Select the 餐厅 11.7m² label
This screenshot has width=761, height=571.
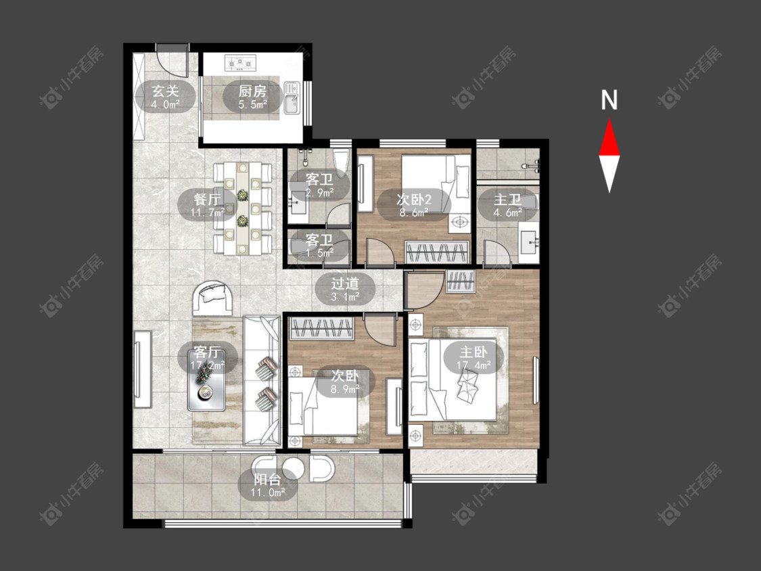coord(207,205)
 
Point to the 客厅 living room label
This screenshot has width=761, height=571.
coord(207,358)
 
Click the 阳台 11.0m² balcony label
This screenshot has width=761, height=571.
coord(267,486)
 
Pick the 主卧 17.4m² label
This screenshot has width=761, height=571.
coord(474,358)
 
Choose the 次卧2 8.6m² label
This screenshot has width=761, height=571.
coord(413,205)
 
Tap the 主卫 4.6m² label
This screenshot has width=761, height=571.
coord(507,205)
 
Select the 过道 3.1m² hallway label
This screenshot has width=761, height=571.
coord(345,289)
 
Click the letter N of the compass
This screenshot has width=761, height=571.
coord(609,100)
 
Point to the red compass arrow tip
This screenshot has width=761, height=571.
coord(609,120)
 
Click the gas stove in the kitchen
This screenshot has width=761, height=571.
coord(241,62)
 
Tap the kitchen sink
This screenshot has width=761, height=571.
coord(292,97)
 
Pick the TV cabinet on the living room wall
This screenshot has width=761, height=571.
coord(143,369)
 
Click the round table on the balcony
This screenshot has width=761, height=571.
coord(293,467)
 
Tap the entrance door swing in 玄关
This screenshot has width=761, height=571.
coord(173,63)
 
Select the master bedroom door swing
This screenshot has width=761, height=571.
coord(424,290)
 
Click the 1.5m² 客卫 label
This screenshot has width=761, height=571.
coord(319,246)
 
